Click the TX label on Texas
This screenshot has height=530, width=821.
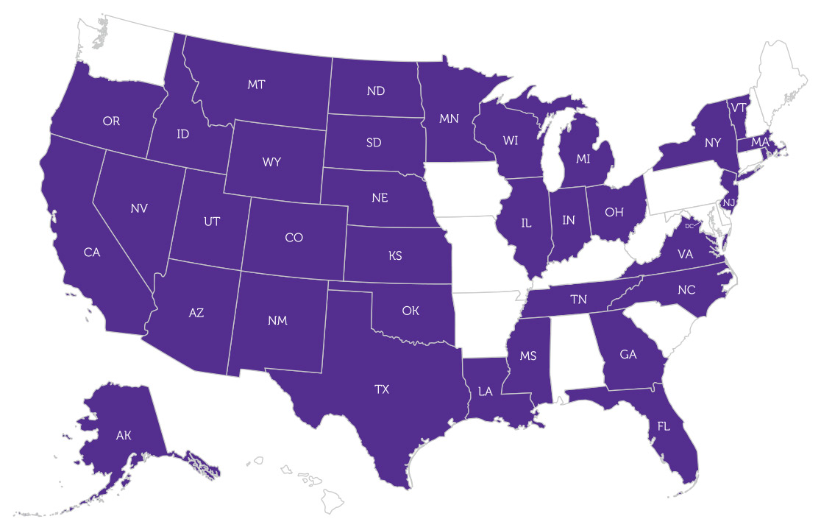[381, 389]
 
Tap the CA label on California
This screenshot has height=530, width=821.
[92, 252]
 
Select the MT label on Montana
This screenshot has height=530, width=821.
[256, 85]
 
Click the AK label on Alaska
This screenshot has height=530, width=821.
[124, 435]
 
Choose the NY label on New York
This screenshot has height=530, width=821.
[712, 143]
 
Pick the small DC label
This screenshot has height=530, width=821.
[689, 226]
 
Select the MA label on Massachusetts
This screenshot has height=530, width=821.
[760, 141]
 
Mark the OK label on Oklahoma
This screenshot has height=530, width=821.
[410, 311]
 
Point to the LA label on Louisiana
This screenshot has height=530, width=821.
[485, 392]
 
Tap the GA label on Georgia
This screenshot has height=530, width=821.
[628, 354]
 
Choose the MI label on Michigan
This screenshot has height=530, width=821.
[583, 158]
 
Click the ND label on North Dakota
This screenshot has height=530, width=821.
[376, 91]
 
